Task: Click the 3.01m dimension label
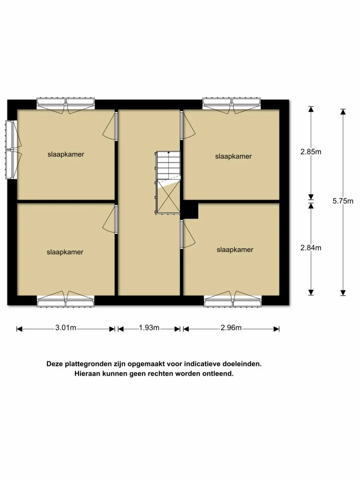point(66,328)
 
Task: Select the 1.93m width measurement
point(149,328)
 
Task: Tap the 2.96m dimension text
point(231,328)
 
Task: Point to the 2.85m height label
point(310,152)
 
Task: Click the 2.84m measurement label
point(310,248)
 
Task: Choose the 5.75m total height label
point(343,201)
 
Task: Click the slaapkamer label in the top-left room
point(66,154)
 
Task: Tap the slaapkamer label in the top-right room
point(233,156)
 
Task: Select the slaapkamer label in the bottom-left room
point(65,252)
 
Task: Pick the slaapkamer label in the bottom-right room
point(235,250)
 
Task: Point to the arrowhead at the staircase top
point(168,152)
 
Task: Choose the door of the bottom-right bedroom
point(187,234)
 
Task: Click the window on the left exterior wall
point(12,150)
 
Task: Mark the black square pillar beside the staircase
point(190,210)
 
